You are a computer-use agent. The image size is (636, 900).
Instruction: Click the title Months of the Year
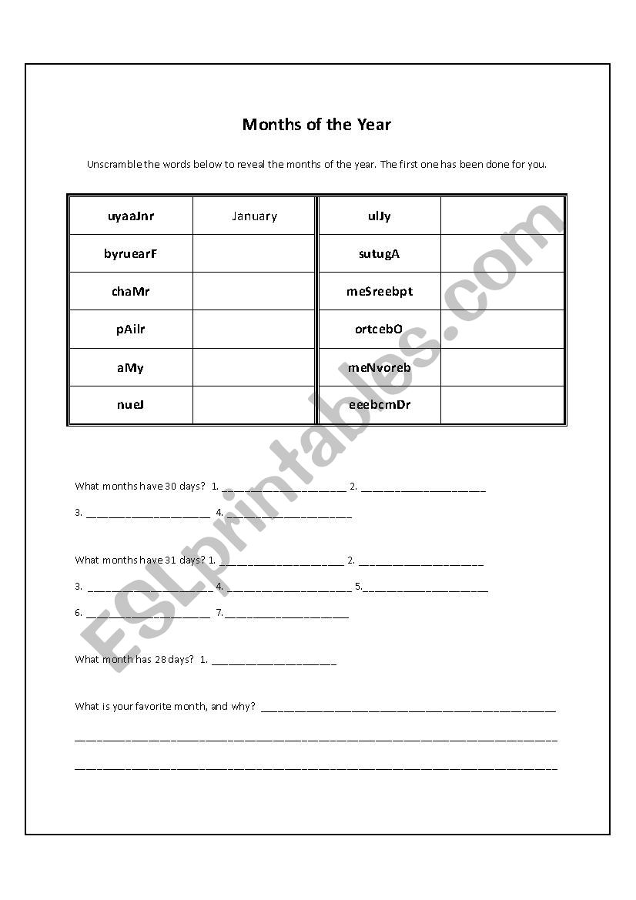coord(316,124)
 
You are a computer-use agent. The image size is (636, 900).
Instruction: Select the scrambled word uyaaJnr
coord(131,216)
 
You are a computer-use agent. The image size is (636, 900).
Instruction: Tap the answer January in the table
coord(254,216)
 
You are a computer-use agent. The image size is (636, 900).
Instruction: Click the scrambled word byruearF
coord(131,253)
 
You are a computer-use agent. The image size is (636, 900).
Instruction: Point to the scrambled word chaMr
coord(131,291)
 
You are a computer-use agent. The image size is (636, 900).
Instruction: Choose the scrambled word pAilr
coord(131,330)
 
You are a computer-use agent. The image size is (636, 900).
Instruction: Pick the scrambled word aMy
coord(131,367)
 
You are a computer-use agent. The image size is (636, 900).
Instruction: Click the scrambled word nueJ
coord(131,405)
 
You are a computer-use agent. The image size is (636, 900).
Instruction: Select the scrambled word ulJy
coord(380,216)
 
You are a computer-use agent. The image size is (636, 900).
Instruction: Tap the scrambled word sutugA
coord(380,253)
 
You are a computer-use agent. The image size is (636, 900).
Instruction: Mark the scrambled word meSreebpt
coord(380,291)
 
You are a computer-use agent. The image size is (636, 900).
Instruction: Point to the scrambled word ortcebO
coord(380,330)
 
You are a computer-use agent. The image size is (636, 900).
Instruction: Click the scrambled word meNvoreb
coord(380,367)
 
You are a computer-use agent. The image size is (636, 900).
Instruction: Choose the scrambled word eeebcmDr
coord(380,405)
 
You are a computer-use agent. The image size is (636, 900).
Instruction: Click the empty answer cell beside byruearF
coord(254,253)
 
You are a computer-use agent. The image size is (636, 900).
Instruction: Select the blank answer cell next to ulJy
coord(502,216)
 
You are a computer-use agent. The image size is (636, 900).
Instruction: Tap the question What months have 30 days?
coord(140,487)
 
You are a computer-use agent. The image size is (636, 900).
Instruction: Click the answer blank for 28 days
coord(273,661)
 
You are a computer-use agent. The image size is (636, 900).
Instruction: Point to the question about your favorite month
coord(165,706)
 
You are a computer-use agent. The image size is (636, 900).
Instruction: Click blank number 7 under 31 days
coord(287,614)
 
